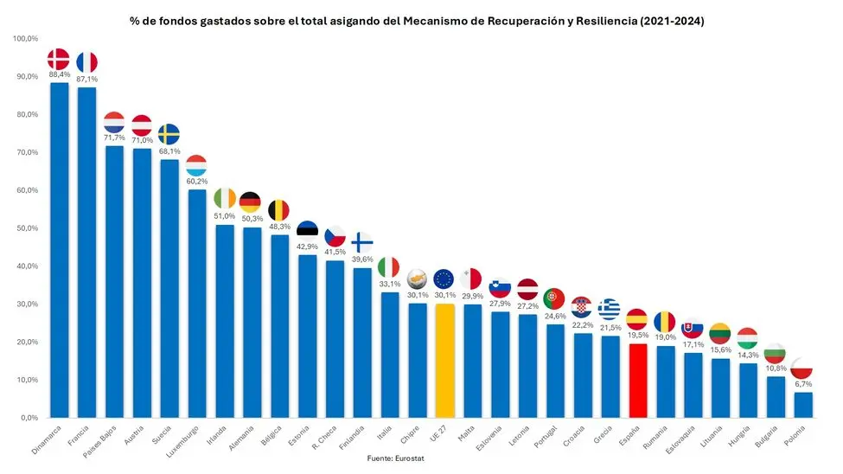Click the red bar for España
pos(637,381)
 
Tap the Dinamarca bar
pos(59,251)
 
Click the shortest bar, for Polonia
pos(802,405)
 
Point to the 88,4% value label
pos(59,74)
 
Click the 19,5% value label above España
pos(637,335)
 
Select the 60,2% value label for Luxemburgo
pos(196,181)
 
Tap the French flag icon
pos(86,62)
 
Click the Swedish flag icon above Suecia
pos(169,134)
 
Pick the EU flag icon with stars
pos(444,279)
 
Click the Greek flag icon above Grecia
pos(610,308)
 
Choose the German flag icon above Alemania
pos(251,202)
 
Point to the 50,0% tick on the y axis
pos(25,228)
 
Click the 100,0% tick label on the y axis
pos(25,39)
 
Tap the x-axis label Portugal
pos(546,437)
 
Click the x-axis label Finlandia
pos(353,438)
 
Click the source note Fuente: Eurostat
pos(395,458)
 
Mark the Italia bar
pos(389,355)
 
